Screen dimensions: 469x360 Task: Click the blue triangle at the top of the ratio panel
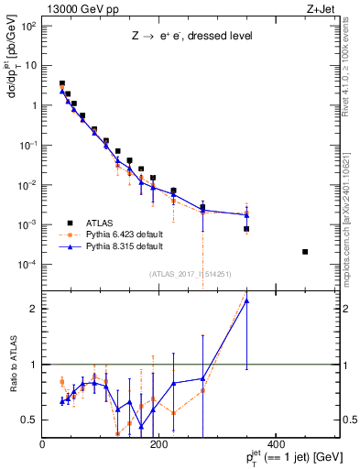[246, 300]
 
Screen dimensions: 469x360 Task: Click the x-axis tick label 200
[158, 445]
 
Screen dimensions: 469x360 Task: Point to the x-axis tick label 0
[43, 445]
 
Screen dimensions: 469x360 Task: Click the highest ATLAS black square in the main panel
[61, 83]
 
